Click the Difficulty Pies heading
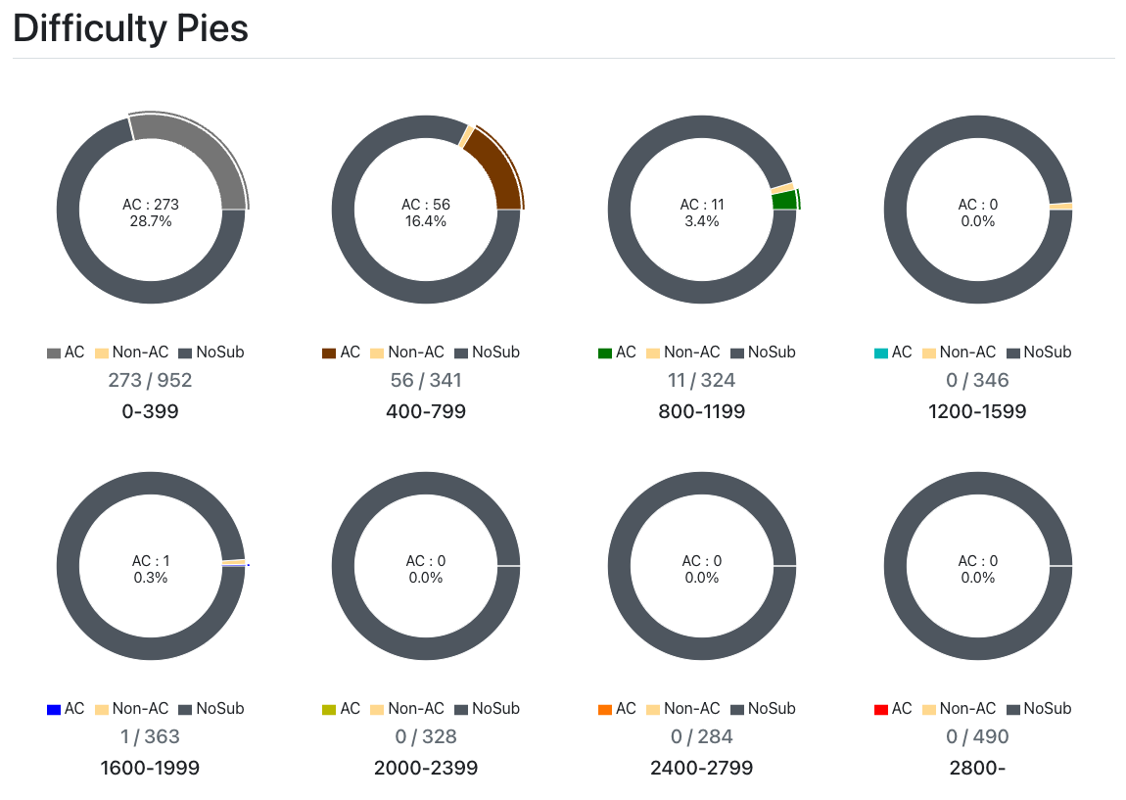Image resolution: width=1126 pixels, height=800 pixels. tap(130, 28)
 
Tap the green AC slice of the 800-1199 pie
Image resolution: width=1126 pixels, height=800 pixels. tap(784, 200)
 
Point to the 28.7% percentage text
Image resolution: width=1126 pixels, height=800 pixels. tap(151, 222)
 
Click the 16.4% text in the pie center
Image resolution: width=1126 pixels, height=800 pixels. tap(426, 222)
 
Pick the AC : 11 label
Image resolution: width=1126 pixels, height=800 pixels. tap(702, 205)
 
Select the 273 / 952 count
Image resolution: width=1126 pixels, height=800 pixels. tap(150, 380)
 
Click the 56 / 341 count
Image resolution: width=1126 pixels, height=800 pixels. tap(426, 380)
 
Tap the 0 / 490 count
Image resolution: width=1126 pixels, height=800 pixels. tap(977, 736)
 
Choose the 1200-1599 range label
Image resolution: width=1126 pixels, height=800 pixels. tap(977, 411)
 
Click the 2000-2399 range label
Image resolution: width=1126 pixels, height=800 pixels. tap(426, 768)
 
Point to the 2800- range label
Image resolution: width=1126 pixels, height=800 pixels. tap(977, 768)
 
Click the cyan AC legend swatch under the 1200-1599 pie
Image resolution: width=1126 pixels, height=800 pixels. tap(881, 353)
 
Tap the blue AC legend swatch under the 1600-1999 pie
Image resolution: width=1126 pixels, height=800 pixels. tap(54, 709)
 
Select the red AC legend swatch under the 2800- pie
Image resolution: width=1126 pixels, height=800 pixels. tap(881, 709)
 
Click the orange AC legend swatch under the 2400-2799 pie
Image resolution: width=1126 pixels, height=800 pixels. tap(605, 709)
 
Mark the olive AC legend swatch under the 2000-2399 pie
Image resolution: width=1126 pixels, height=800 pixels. tap(330, 709)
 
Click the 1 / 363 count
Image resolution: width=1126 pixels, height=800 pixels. tap(150, 736)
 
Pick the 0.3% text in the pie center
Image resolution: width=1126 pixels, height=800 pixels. tap(151, 578)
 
